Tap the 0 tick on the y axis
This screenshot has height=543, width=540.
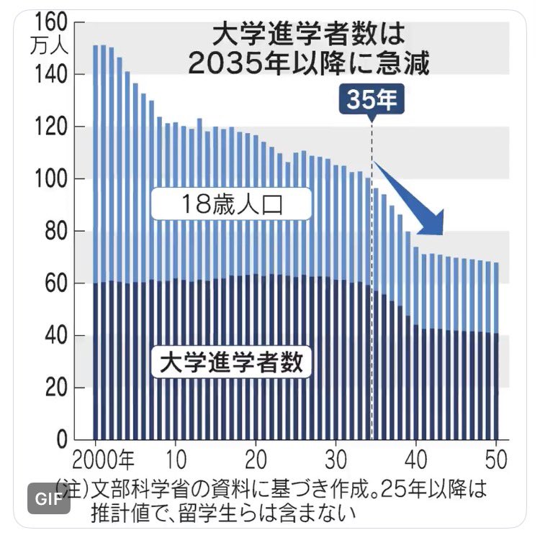[x=62, y=439]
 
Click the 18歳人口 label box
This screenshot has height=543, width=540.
[x=230, y=205]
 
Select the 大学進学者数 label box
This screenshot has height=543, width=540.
[x=230, y=362]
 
